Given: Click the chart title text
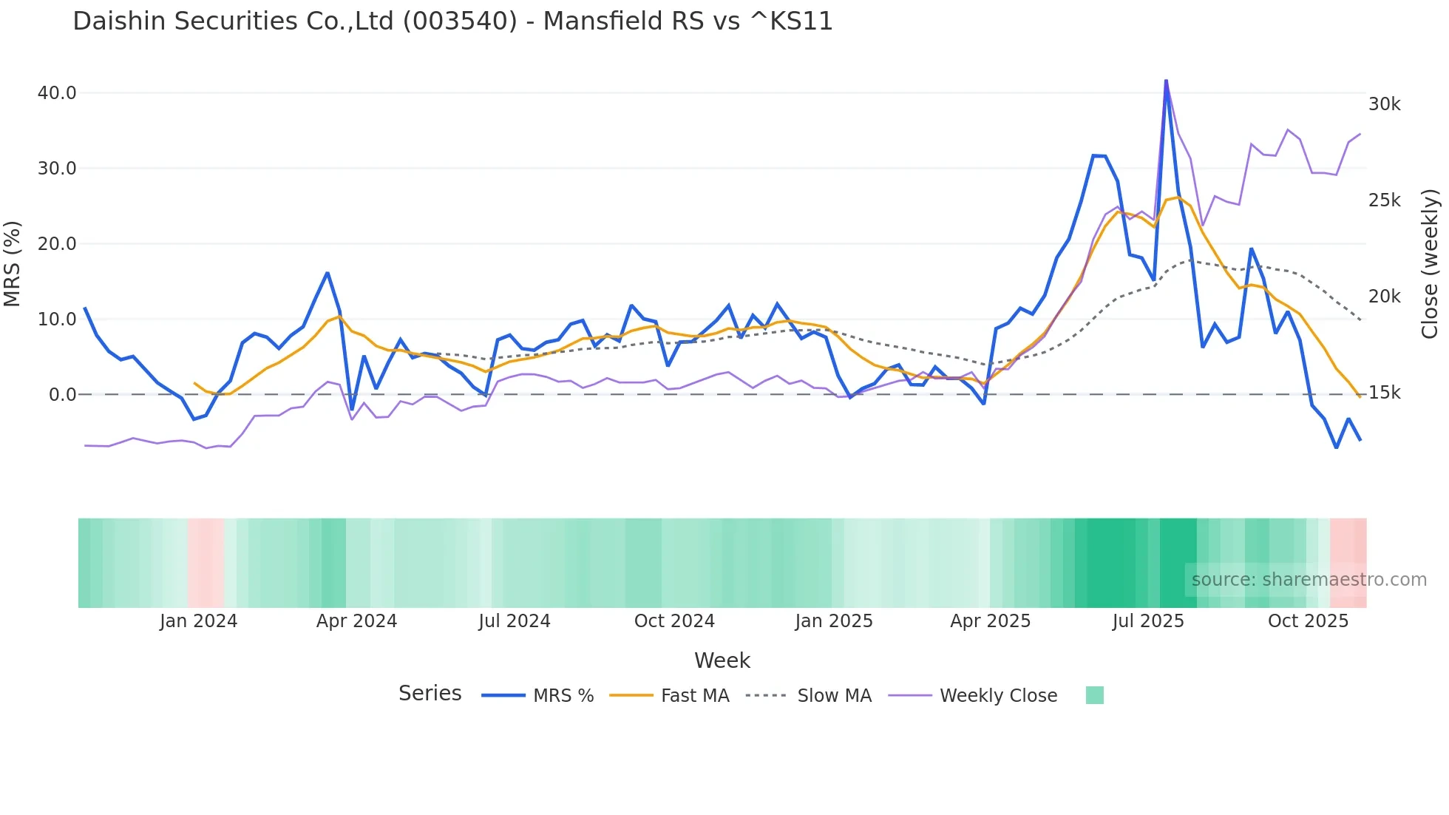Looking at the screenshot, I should [452, 21].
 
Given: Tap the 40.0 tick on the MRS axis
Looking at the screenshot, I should [57, 93].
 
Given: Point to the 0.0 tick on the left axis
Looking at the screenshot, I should [62, 395].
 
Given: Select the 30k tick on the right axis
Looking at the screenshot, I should [1384, 104].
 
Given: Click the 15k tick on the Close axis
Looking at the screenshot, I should [1384, 393].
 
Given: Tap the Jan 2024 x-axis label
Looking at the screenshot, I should [198, 621].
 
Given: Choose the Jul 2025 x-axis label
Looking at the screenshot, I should [1147, 621].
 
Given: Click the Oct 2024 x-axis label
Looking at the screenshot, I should [674, 621].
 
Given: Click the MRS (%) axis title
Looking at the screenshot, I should [13, 263].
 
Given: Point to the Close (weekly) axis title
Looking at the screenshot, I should [1430, 263].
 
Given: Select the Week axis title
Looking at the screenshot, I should [722, 660].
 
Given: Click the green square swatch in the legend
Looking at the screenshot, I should [1094, 695].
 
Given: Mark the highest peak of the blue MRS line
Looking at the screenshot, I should [1166, 81].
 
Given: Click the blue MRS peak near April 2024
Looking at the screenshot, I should [328, 273].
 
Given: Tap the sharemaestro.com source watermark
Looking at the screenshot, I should [1309, 580].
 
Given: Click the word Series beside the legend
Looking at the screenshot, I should [430, 694].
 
